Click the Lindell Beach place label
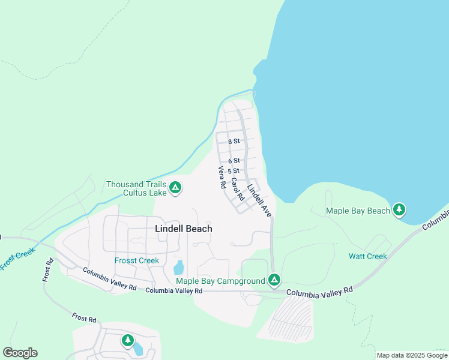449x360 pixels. click(184, 229)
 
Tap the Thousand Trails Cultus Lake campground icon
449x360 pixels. click(175, 188)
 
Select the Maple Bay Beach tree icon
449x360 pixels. click(399, 210)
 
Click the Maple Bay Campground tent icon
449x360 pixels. click(274, 280)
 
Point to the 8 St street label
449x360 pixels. click(234, 142)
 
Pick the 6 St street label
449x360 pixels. click(234, 161)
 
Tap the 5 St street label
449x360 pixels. click(234, 171)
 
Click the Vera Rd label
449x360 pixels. click(221, 178)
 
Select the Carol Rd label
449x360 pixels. click(238, 189)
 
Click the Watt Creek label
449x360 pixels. click(368, 256)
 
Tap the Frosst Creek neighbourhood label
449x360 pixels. click(137, 260)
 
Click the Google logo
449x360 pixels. click(20, 353)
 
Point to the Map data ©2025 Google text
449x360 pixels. click(412, 355)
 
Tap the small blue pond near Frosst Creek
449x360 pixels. click(178, 267)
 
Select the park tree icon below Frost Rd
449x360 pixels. click(127, 341)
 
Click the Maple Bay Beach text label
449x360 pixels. click(358, 211)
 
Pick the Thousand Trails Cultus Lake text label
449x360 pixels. click(136, 188)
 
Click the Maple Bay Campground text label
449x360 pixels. click(220, 281)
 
